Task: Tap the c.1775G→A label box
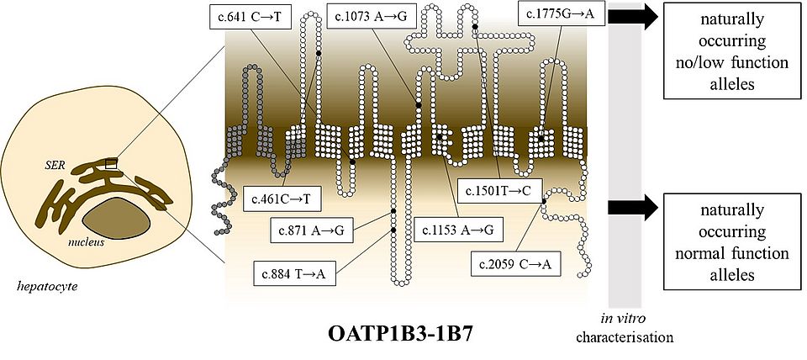point(560,14)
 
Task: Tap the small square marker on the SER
point(109,163)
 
